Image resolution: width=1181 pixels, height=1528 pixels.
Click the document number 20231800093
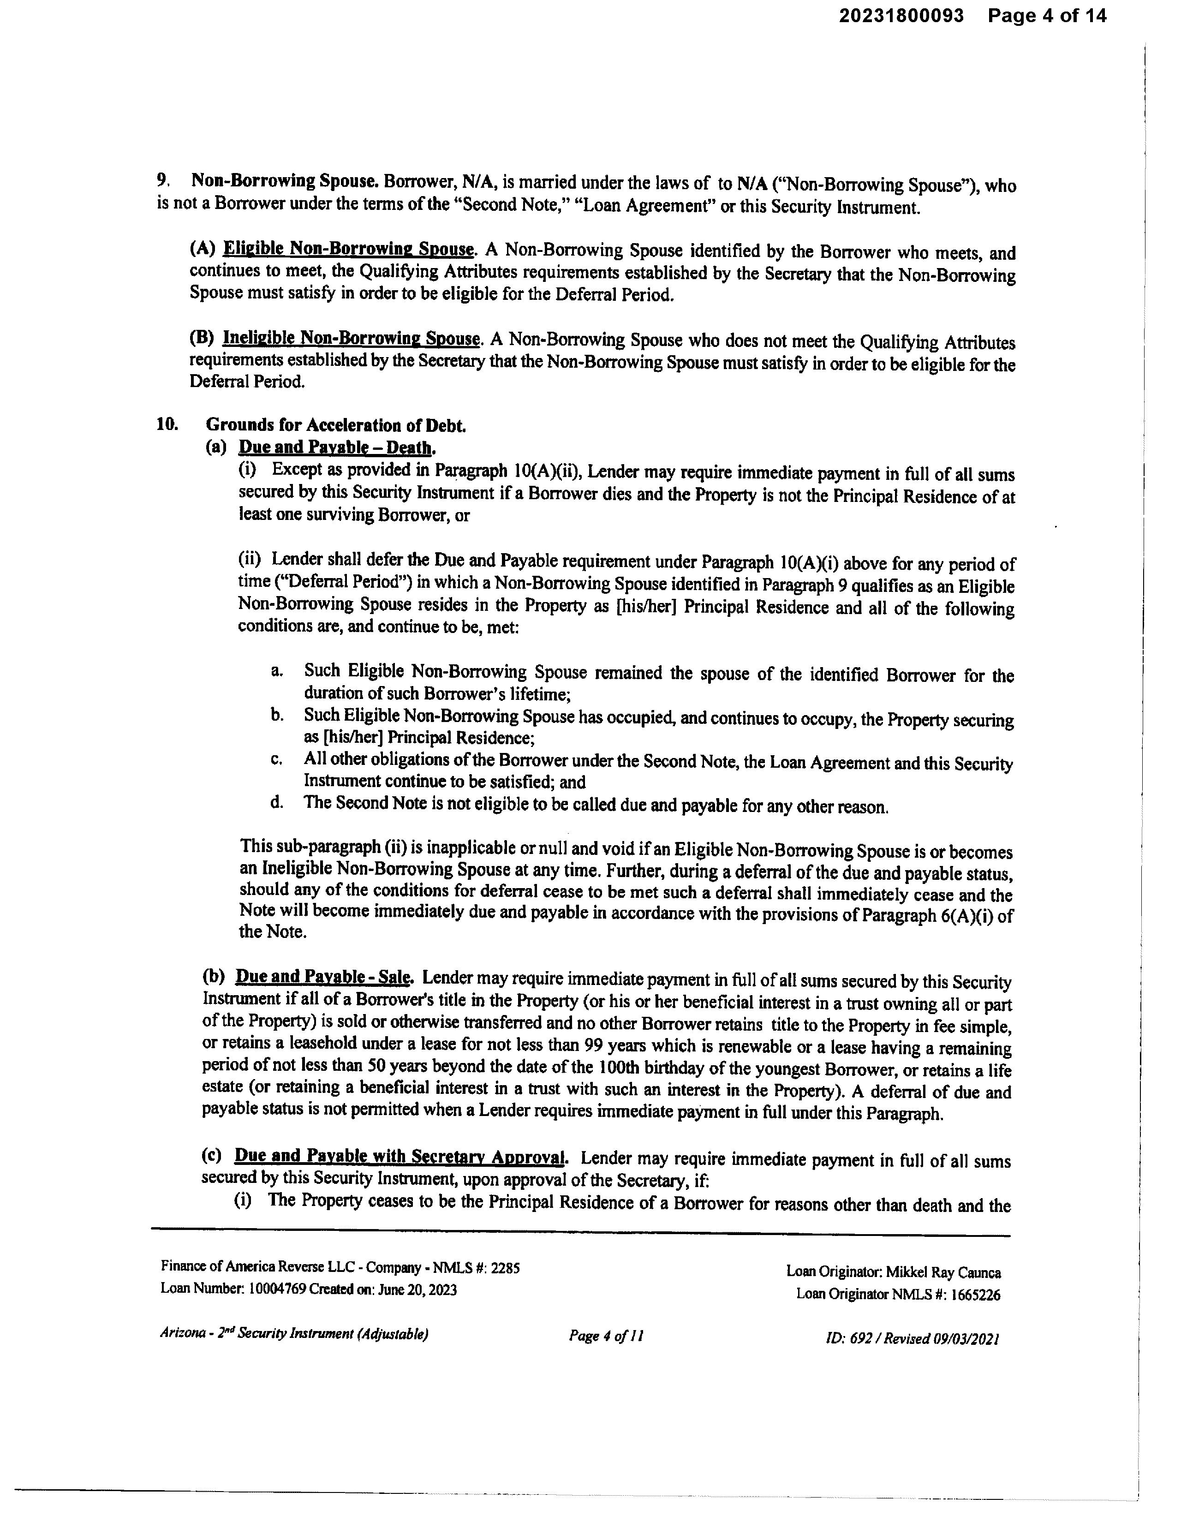click(901, 16)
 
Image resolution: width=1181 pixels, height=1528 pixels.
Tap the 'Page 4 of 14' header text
click(1047, 16)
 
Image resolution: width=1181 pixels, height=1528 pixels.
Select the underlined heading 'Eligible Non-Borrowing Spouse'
click(348, 249)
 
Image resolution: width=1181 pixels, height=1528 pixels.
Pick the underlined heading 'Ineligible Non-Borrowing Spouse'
click(351, 339)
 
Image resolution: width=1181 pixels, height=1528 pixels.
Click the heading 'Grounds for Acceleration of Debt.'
click(336, 425)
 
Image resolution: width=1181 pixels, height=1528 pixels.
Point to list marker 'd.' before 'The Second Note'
click(277, 802)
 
